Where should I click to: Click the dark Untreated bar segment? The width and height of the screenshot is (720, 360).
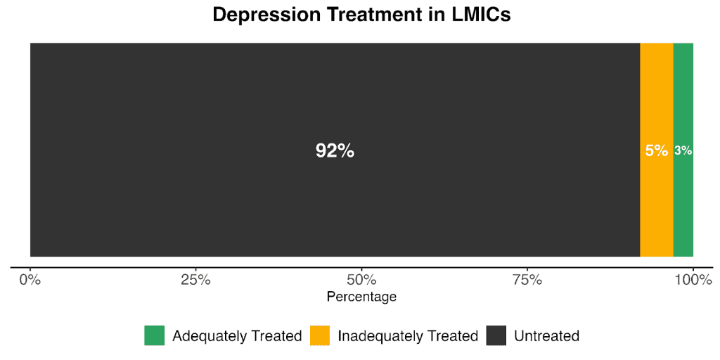click(x=211, y=204)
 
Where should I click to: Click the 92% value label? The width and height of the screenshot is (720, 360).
click(x=335, y=150)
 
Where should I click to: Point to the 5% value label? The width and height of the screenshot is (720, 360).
click(x=656, y=150)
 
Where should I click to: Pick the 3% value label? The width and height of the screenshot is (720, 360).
click(x=683, y=150)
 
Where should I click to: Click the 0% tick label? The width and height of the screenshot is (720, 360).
click(x=30, y=280)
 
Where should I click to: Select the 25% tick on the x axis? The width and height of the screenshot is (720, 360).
click(x=196, y=280)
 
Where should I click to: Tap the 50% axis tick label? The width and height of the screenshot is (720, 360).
click(x=361, y=280)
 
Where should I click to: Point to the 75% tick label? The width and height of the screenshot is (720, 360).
click(x=527, y=280)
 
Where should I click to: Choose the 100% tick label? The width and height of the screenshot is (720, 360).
click(x=693, y=280)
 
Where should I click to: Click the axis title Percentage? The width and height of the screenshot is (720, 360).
click(x=361, y=297)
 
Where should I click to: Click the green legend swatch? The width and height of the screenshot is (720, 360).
click(x=154, y=335)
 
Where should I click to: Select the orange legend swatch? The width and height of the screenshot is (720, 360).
click(x=320, y=335)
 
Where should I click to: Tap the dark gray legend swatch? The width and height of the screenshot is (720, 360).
click(x=496, y=335)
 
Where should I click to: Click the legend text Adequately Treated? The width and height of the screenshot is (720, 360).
click(x=237, y=336)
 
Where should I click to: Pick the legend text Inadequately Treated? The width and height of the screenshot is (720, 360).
click(x=408, y=336)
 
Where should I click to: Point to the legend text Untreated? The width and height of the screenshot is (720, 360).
click(x=546, y=336)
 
